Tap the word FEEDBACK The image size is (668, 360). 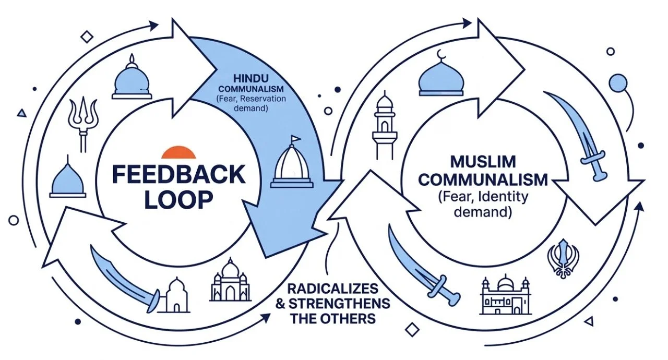(x=178, y=175)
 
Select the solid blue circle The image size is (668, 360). (x=618, y=82)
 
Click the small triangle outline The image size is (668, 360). (x=21, y=112)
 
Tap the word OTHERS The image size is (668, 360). (x=349, y=318)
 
